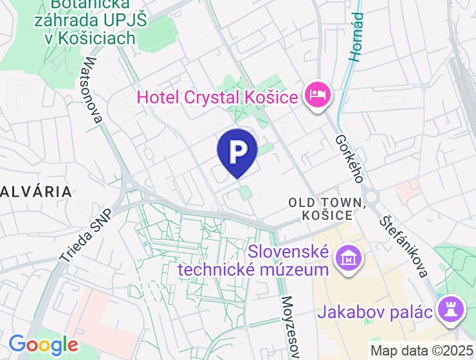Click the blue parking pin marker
[237, 150]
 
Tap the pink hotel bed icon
[318, 96]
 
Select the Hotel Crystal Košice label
[218, 98]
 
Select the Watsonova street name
[93, 91]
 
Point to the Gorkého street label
[350, 158]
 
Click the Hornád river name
[356, 37]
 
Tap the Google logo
[42, 345]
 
